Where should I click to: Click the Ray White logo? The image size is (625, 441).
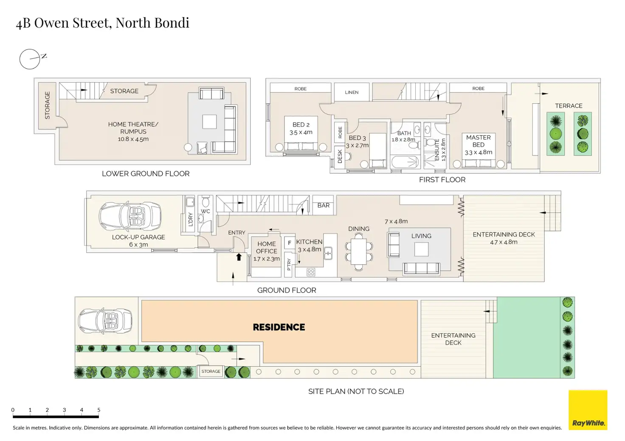588,410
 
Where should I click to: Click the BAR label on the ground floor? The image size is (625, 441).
324,205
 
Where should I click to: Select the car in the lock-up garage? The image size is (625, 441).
130,216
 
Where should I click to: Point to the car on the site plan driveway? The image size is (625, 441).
105,321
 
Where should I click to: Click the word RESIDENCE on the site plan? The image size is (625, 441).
279,327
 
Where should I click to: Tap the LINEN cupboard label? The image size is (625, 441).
352,92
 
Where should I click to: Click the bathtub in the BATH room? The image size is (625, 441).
405,162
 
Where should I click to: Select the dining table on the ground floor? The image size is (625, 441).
358,251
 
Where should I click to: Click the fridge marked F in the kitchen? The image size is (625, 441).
290,243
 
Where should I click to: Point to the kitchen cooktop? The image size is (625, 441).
311,272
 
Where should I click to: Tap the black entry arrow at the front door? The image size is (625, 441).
239,257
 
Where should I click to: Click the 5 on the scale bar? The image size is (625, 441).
99,410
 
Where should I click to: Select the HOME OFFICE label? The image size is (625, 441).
267,247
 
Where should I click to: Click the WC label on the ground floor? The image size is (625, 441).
206,211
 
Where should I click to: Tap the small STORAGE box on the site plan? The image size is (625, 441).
211,371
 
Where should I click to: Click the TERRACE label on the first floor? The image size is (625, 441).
569,106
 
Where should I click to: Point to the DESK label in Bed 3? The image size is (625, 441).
340,156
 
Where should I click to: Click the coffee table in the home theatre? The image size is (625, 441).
210,122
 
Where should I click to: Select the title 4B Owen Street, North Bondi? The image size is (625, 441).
102,23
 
